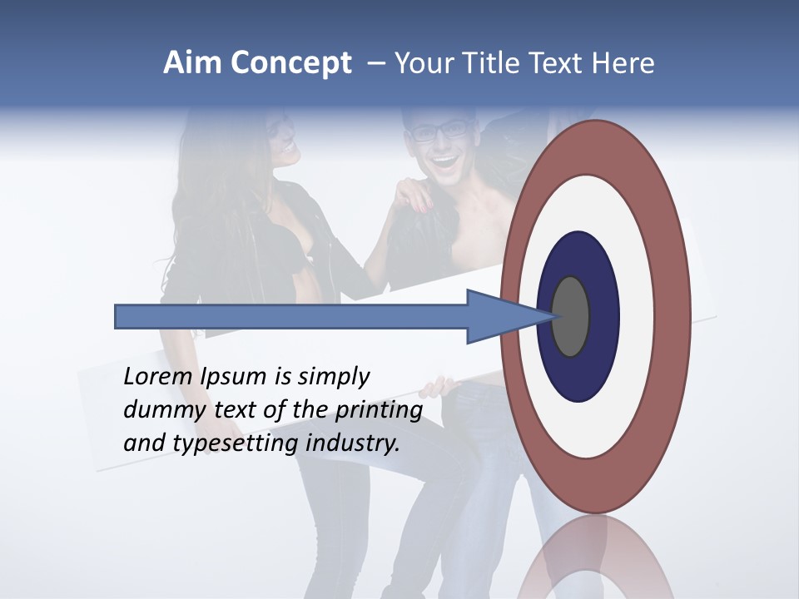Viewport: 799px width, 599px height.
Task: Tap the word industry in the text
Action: point(353,443)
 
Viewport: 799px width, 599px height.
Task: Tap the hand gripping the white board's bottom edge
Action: point(438,388)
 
